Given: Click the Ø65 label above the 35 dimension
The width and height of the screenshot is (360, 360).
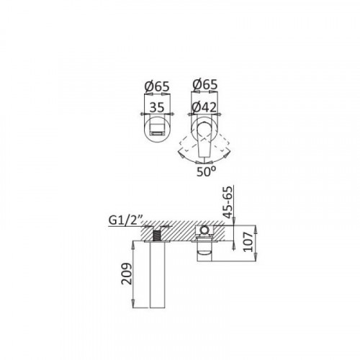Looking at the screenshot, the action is (157, 86).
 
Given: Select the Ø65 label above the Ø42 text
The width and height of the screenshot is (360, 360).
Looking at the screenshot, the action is (205, 85).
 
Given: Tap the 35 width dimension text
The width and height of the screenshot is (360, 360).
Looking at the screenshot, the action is (157, 107).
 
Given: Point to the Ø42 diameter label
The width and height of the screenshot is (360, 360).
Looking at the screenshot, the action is (204, 107).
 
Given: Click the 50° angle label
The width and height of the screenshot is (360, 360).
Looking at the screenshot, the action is (206, 171).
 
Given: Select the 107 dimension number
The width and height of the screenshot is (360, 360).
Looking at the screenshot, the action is (248, 242).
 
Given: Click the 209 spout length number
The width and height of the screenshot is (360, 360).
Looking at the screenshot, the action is (127, 274).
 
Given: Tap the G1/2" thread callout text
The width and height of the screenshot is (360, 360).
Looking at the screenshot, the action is (126, 220).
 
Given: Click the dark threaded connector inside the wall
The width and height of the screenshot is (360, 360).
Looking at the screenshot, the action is (157, 235).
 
